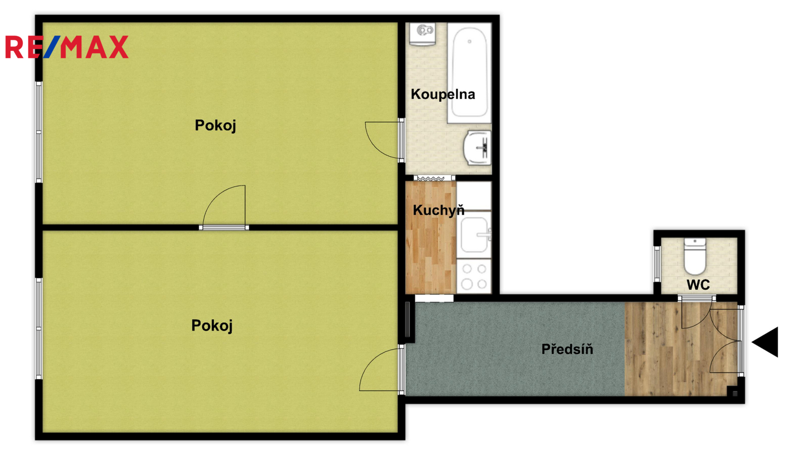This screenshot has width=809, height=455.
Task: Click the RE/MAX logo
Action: click(x=67, y=47)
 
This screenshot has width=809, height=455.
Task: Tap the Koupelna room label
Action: click(x=443, y=95)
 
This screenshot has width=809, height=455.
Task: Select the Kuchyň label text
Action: click(x=438, y=210)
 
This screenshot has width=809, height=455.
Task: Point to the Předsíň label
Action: click(x=567, y=349)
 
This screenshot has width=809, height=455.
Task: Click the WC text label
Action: click(x=698, y=285)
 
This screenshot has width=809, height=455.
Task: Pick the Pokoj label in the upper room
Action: click(x=215, y=126)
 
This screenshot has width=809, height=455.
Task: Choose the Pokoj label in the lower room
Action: click(x=212, y=326)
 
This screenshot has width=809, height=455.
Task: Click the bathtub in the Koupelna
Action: click(x=470, y=73)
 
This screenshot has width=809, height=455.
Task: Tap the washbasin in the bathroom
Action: click(x=477, y=148)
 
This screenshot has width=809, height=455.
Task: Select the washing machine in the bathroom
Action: click(x=423, y=34)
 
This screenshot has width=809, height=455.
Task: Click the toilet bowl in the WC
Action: click(x=695, y=256)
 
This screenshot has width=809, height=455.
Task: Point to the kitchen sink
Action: click(x=474, y=235)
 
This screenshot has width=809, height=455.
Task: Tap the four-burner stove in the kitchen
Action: click(x=474, y=277)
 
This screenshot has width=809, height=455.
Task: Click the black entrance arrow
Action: click(x=765, y=342)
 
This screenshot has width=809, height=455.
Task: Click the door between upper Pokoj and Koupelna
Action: click(x=385, y=140)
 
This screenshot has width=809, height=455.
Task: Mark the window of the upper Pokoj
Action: click(x=38, y=132)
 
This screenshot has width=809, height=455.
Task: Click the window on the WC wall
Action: click(x=657, y=264)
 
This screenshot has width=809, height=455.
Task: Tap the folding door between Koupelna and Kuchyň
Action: click(x=434, y=178)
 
